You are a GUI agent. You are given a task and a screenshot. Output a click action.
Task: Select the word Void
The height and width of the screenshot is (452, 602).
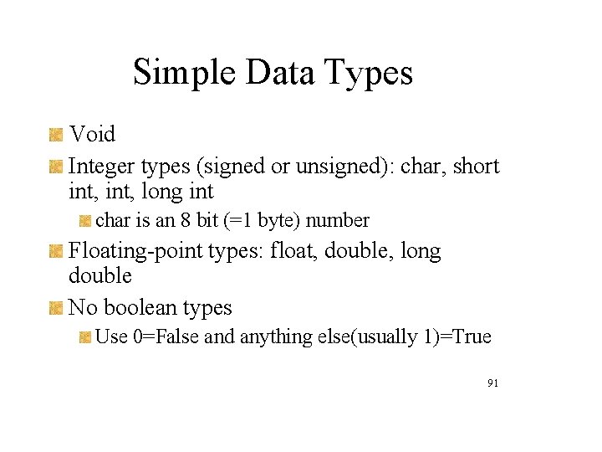92,134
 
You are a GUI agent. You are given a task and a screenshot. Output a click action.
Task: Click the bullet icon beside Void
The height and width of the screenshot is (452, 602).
56,134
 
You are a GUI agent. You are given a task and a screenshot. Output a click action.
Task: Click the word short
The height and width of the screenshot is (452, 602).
476,167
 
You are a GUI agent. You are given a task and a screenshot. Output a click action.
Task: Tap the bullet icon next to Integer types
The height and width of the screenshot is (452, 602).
56,167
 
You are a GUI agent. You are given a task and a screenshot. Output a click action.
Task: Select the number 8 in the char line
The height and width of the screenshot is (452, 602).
184,221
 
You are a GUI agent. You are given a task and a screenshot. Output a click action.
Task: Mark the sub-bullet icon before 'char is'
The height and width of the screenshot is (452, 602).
85,221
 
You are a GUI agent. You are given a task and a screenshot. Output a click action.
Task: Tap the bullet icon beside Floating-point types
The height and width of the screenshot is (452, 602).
56,250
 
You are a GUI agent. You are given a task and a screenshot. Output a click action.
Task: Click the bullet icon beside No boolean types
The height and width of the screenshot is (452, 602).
56,307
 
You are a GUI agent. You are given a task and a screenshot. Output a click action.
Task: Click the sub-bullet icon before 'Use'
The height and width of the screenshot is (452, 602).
85,336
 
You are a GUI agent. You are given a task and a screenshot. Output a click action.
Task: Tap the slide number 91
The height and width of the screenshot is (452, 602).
492,383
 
